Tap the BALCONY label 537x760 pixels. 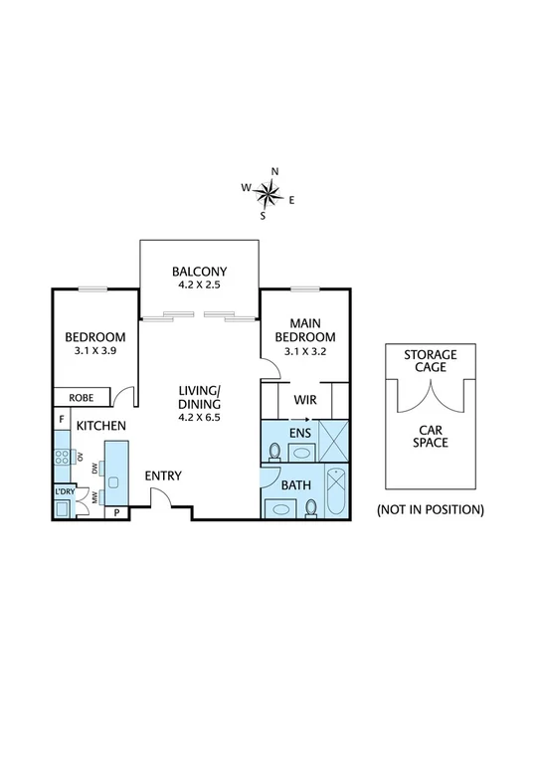200,272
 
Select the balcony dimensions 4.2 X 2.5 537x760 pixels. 200,285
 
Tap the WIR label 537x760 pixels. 304,400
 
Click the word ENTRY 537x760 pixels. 163,475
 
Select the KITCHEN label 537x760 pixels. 101,426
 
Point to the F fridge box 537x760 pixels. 62,420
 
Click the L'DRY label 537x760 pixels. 64,490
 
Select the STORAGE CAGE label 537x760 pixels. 430,360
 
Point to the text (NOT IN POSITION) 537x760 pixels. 430,509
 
